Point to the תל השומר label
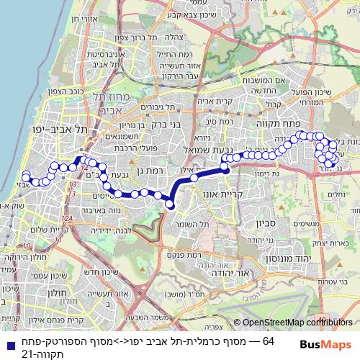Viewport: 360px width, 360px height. [x=188, y=228]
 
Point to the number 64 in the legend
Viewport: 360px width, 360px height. [x=269, y=340]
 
